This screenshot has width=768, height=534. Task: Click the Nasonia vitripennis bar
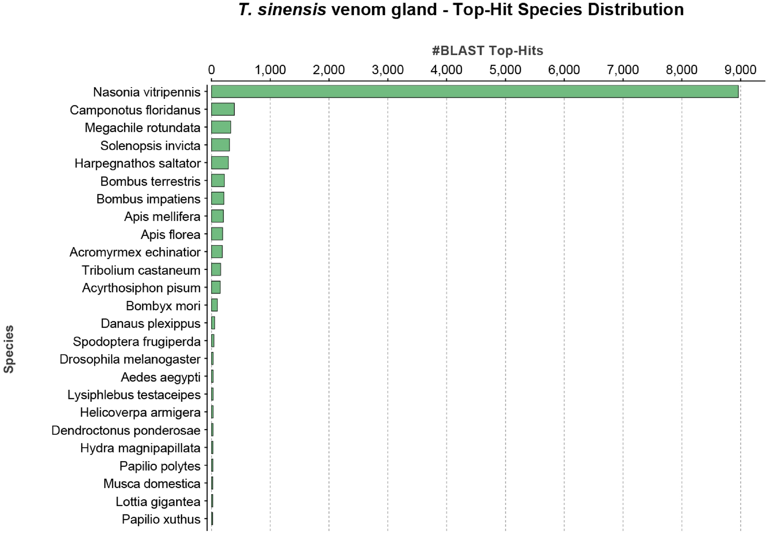coord(474,92)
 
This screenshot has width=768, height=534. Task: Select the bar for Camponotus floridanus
coord(223,109)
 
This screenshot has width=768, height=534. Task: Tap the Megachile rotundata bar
coord(221,127)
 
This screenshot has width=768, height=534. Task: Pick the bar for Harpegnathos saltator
coord(220,163)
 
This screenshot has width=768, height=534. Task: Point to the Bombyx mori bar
coord(214,305)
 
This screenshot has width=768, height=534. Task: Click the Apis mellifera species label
coord(162,216)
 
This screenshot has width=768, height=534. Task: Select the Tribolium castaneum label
coord(141,270)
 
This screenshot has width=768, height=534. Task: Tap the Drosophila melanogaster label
coord(130,359)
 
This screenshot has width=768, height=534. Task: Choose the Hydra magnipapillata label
coord(140,448)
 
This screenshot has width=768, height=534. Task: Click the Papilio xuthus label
coord(161,519)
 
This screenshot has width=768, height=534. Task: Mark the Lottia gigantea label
coord(158,501)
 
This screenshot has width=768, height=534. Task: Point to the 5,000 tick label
coord(505,70)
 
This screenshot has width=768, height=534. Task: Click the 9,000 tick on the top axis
coord(740,70)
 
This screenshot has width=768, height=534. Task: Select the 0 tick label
coord(211,70)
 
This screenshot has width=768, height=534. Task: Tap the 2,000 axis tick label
coord(328,70)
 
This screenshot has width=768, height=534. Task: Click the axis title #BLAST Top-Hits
coord(487,51)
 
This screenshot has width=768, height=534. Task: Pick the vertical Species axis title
coord(9,349)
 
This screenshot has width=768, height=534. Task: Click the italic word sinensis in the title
coord(292,10)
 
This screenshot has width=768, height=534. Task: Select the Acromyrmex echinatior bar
coord(217,252)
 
